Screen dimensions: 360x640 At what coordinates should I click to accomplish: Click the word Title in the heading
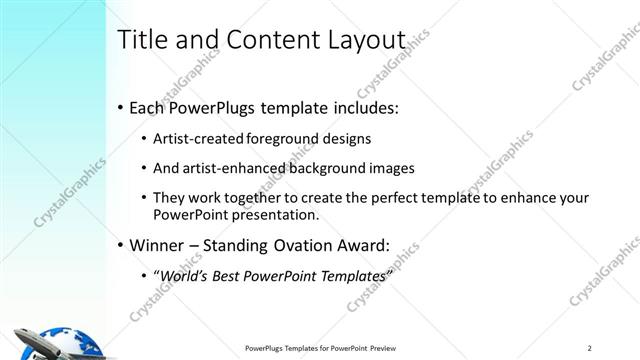click(x=142, y=41)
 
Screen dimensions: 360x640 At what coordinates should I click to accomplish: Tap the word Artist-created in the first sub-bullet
click(x=195, y=139)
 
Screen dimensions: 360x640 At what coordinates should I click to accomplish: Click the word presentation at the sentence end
click(x=270, y=214)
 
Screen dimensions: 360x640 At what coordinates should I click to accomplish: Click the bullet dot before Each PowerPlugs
click(x=121, y=105)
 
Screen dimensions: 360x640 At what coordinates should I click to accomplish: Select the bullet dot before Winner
click(x=121, y=243)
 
